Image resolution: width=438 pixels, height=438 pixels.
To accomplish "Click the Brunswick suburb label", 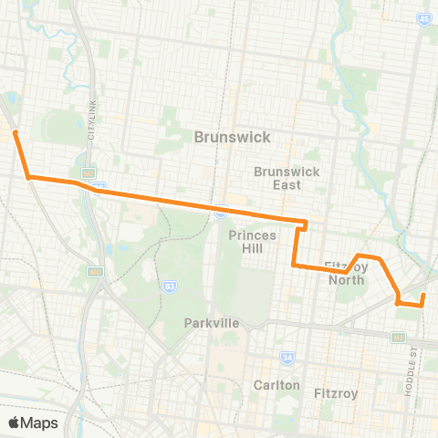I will click(233, 136).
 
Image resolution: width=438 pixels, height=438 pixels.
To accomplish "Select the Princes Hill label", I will click(245, 242).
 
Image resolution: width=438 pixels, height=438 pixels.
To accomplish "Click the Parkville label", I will click(211, 323).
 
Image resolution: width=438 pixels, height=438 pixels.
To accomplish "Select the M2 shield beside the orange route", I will click(89, 172).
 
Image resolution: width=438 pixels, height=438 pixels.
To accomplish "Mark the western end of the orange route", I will click(15, 132).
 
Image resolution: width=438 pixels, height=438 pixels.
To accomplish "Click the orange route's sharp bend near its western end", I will click(29, 176).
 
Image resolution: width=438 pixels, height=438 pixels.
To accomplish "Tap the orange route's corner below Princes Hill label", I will click(294, 265).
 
